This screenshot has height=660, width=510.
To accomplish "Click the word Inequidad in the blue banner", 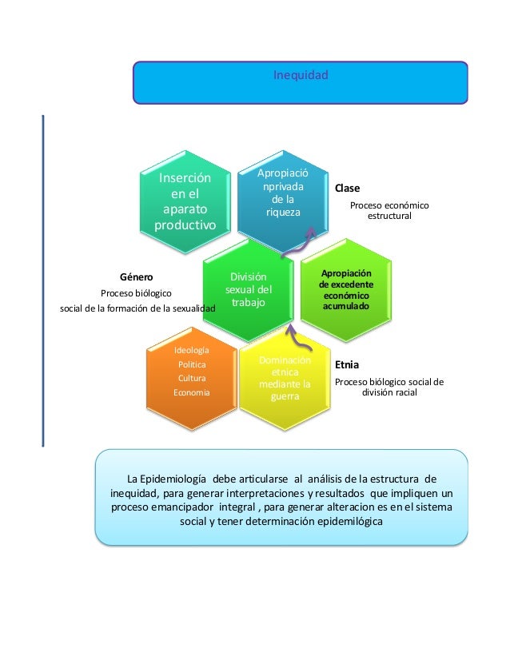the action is click(x=301, y=76).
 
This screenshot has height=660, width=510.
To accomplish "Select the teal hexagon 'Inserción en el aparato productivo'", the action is click(x=185, y=201).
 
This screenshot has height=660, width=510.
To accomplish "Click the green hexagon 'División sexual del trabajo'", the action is click(x=249, y=291).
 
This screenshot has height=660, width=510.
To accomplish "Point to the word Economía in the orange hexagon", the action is click(x=193, y=393).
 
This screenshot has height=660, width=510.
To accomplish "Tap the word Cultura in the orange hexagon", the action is click(x=193, y=379).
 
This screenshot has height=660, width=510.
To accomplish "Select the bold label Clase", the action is click(x=347, y=189).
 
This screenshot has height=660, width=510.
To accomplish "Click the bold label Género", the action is click(x=136, y=277).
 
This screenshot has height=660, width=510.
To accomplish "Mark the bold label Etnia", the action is click(x=346, y=364).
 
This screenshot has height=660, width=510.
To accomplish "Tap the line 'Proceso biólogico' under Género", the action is click(x=135, y=293).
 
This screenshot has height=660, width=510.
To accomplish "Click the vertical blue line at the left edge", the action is click(x=42, y=280).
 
